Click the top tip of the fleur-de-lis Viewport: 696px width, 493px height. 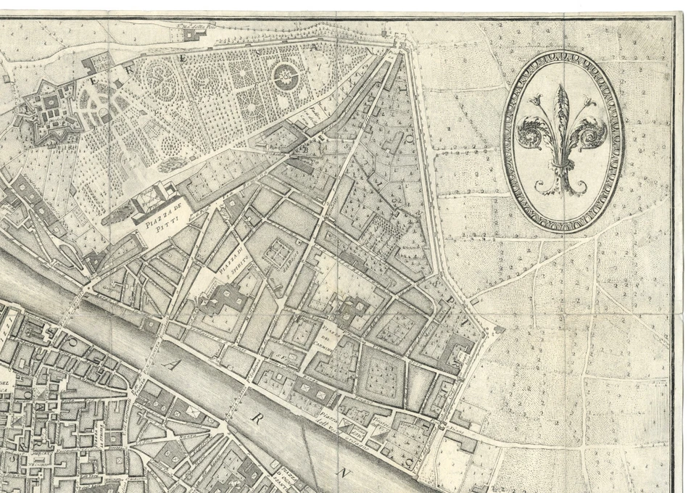(562, 86)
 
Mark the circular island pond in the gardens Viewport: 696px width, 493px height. (286, 75)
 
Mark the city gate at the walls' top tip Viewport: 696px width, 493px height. (395, 49)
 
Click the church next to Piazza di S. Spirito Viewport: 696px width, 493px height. (229, 298)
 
